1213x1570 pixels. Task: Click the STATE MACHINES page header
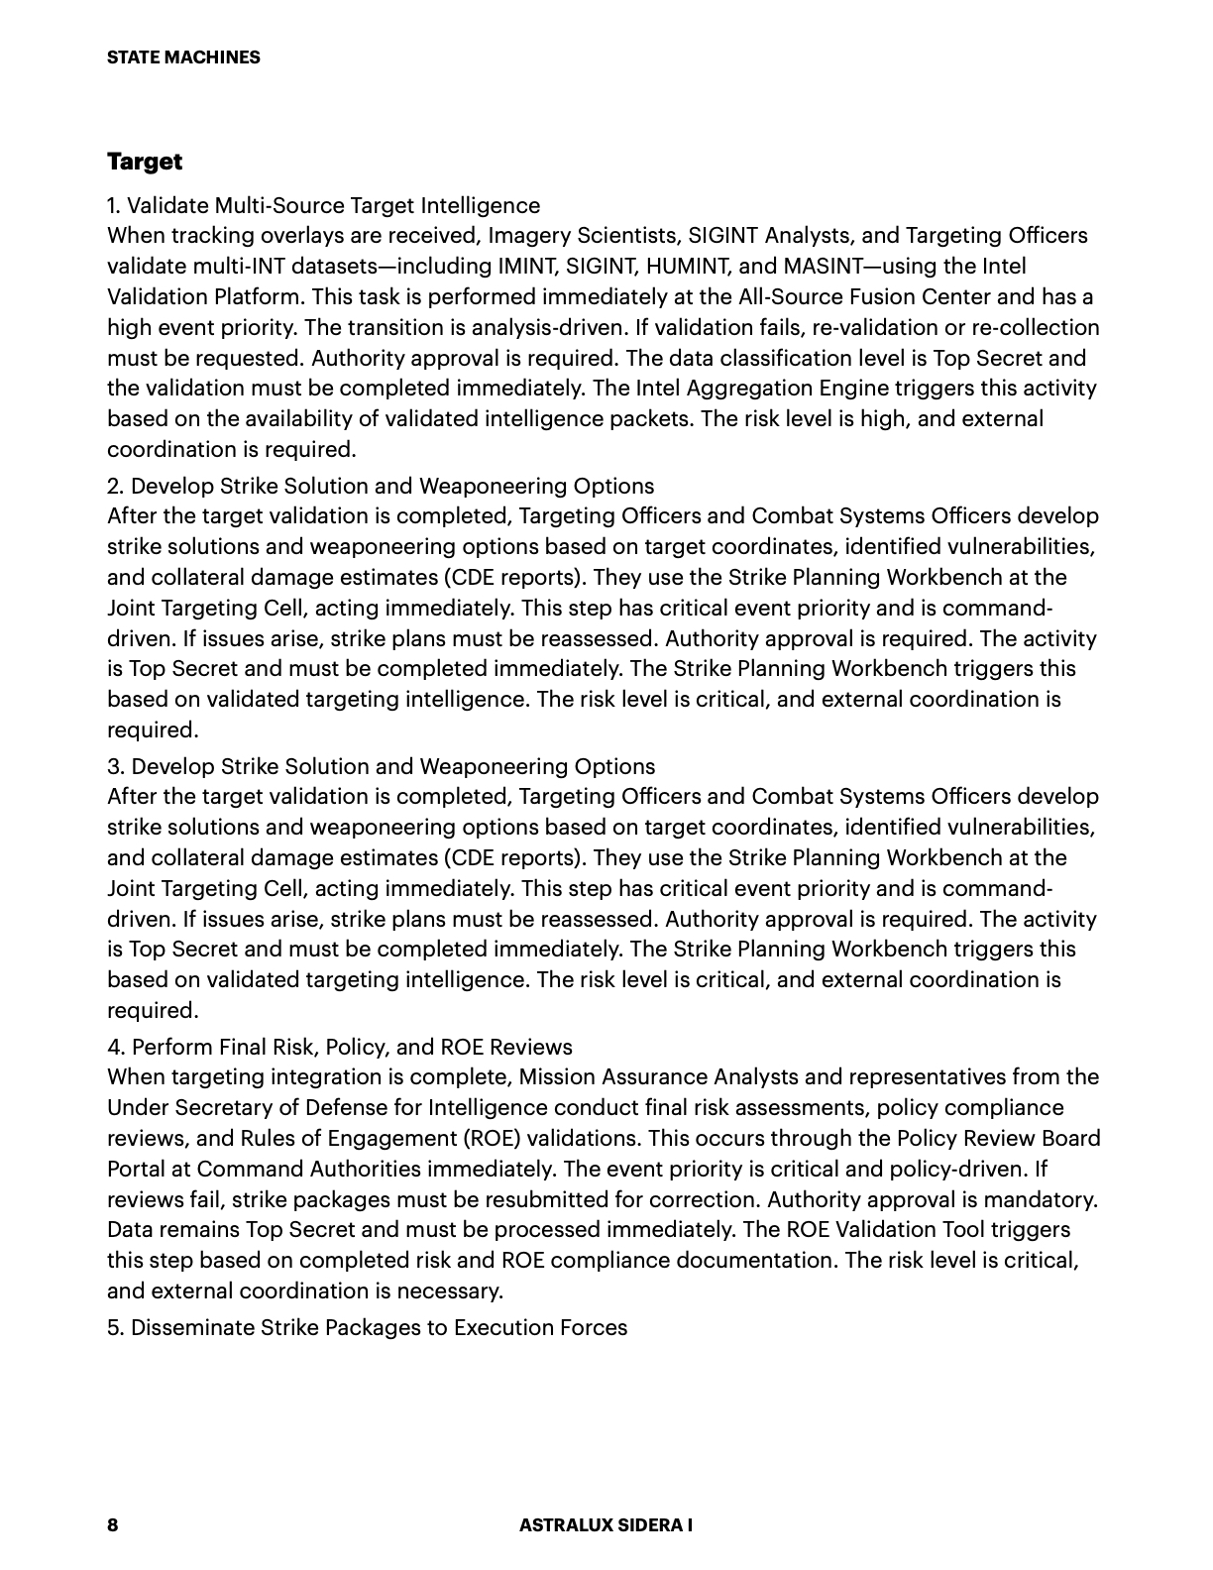coord(183,57)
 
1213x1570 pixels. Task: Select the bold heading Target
coord(145,161)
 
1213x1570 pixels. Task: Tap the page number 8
coord(112,1524)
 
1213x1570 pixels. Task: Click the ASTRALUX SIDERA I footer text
coord(606,1524)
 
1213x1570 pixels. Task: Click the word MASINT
coord(816,266)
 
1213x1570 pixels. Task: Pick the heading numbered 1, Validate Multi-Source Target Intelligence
coord(324,205)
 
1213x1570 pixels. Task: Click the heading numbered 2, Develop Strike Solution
coord(381,486)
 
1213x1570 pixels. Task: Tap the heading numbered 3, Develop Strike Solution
coord(381,766)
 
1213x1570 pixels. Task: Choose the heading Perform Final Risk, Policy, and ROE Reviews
coord(340,1047)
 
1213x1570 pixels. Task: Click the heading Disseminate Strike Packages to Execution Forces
coord(368,1327)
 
